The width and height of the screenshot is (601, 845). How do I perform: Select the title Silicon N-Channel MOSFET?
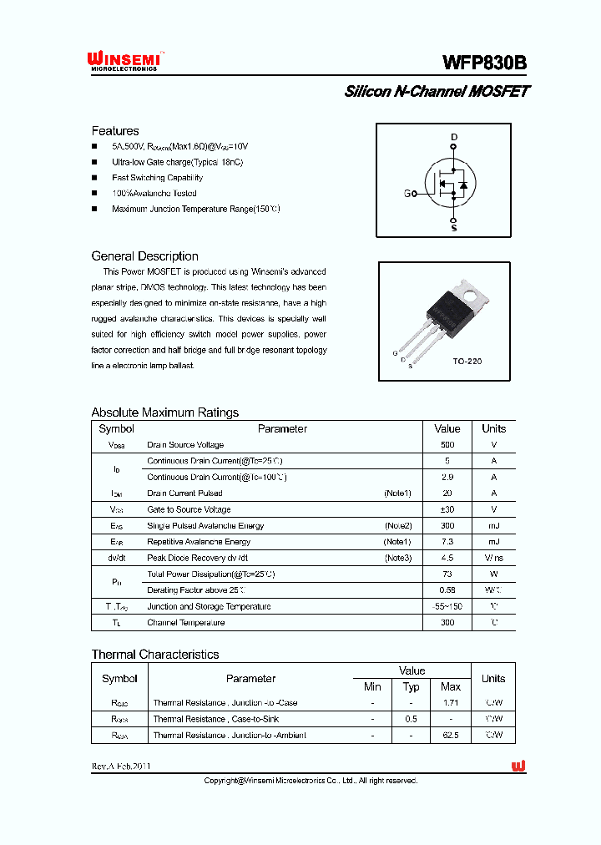(x=437, y=92)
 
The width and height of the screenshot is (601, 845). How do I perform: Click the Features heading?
(x=115, y=131)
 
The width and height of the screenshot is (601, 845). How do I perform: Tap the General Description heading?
(x=144, y=256)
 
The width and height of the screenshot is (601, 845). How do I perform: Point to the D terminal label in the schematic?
(x=454, y=137)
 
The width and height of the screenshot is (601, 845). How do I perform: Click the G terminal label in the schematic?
(x=407, y=194)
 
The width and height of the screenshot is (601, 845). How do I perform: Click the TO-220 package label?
(x=467, y=362)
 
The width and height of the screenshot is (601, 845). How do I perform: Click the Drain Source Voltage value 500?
(x=447, y=445)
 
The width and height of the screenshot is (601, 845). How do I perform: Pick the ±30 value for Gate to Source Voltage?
(x=447, y=509)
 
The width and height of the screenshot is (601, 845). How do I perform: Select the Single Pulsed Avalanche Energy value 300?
(x=447, y=526)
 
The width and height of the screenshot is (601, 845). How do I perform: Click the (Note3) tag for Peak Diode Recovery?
(x=397, y=558)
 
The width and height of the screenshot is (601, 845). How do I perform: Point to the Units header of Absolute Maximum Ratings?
(x=494, y=428)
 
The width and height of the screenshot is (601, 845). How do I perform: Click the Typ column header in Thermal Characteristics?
(x=412, y=686)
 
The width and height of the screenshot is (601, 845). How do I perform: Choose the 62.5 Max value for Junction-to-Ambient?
(x=451, y=735)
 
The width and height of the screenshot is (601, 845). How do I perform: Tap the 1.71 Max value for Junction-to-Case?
(x=451, y=703)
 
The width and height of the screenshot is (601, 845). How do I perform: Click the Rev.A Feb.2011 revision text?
(x=121, y=766)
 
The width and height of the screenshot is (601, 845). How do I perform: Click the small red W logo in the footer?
(x=518, y=766)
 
